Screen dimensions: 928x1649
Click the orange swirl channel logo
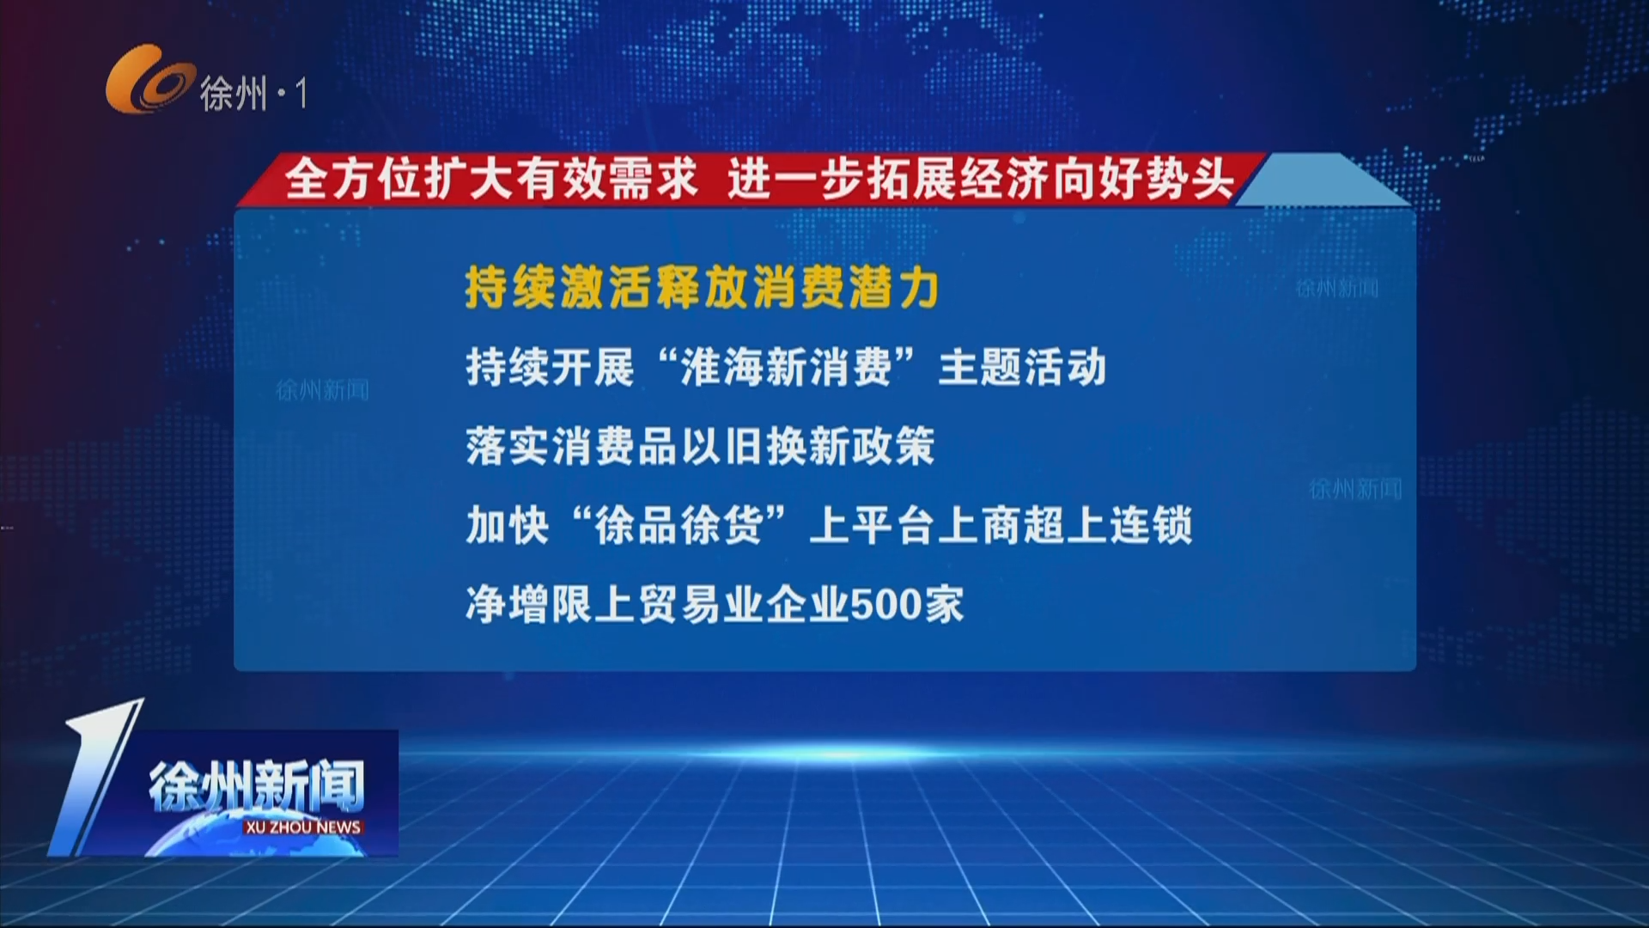click(x=149, y=79)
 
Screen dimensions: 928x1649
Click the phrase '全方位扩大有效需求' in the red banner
click(x=491, y=180)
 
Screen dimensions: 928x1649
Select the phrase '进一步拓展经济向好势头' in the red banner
click(x=980, y=180)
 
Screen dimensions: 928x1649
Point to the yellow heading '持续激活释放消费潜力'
click(x=702, y=287)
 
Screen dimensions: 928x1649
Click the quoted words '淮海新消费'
click(x=786, y=368)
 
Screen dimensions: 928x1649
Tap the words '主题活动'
click(x=1022, y=368)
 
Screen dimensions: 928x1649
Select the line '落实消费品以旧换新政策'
click(x=700, y=447)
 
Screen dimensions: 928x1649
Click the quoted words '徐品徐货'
click(x=678, y=525)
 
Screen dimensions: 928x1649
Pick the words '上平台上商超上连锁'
click(x=1001, y=525)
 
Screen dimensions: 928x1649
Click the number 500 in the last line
click(x=885, y=605)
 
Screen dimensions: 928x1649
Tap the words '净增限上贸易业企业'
click(x=657, y=605)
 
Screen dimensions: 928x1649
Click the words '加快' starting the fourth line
click(x=507, y=525)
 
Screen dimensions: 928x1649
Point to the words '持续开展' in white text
click(x=550, y=368)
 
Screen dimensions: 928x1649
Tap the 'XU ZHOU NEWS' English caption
click(x=302, y=827)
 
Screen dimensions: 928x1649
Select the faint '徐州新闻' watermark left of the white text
click(x=322, y=391)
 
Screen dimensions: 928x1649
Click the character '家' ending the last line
click(x=943, y=605)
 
